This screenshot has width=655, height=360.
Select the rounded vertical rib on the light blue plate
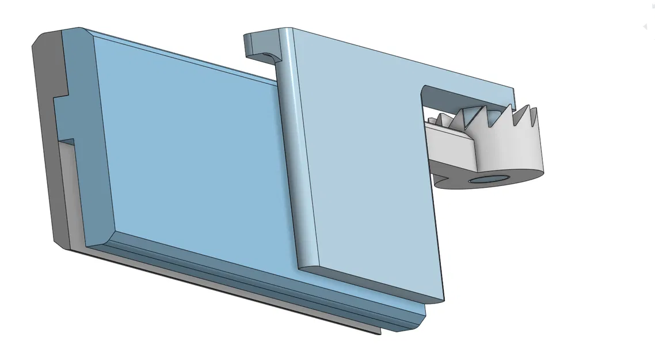[294, 144]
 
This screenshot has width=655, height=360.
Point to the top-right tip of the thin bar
[513, 89]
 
